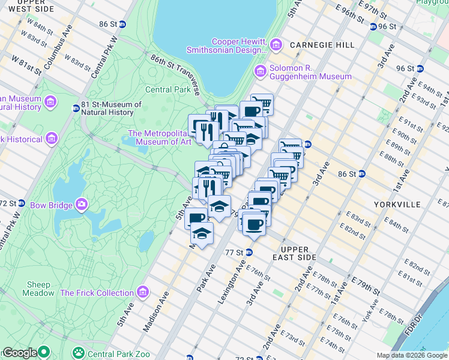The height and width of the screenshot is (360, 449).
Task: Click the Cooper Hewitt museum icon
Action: [x=276, y=44]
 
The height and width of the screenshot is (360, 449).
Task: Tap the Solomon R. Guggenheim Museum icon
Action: [x=261, y=71]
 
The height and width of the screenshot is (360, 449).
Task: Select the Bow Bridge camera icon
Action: [x=80, y=205]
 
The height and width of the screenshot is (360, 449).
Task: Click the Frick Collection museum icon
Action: [x=143, y=293]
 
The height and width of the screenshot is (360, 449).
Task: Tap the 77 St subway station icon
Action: [x=249, y=253]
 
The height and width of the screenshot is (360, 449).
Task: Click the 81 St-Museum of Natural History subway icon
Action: [x=76, y=109]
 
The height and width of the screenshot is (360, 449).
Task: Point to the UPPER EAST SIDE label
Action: [x=294, y=253]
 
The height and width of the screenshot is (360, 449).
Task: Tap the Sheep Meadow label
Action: [x=39, y=289]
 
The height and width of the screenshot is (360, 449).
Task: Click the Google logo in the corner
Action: [x=20, y=353]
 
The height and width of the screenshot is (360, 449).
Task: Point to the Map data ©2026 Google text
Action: [x=411, y=355]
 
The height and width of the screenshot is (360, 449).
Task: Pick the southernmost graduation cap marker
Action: [x=202, y=232]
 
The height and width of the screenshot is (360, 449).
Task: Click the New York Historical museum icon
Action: [x=51, y=139]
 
